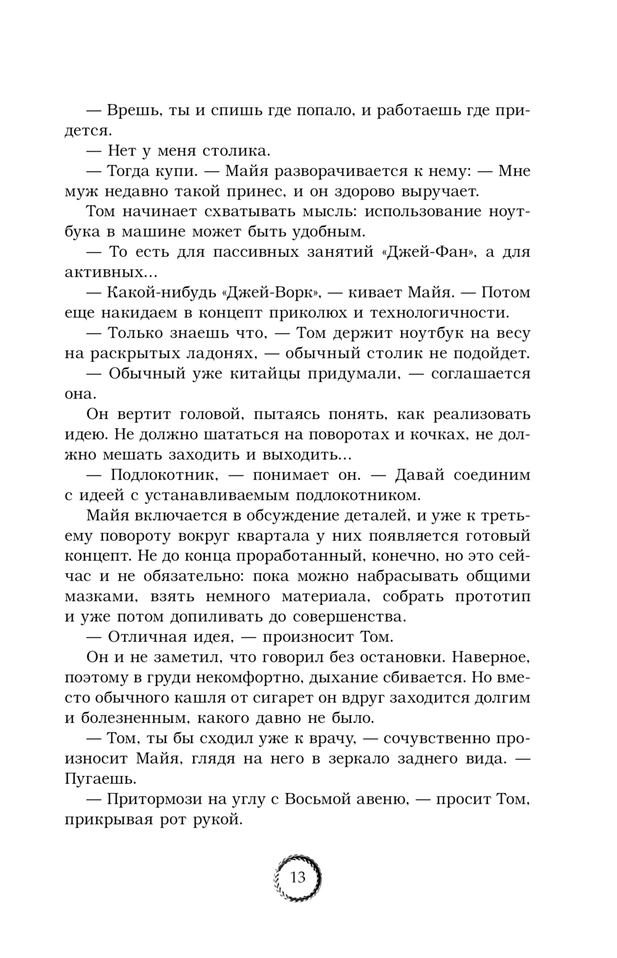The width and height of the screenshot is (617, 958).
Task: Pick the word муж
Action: (x=79, y=191)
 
